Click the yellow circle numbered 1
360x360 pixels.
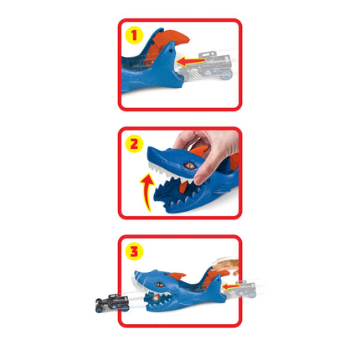(134, 35)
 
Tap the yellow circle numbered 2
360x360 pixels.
(134, 144)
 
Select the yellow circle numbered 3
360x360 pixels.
(134, 251)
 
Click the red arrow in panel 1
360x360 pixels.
(191, 61)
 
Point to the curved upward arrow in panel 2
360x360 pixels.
(147, 191)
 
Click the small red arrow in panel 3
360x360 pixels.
(231, 286)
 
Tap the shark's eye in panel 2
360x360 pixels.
(189, 165)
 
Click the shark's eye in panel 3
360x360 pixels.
(160, 285)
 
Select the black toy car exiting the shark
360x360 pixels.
(112, 302)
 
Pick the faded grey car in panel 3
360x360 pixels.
(240, 290)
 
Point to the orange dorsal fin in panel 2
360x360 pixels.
(200, 150)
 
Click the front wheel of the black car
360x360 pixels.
(99, 309)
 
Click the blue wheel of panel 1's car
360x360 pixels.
(227, 75)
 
